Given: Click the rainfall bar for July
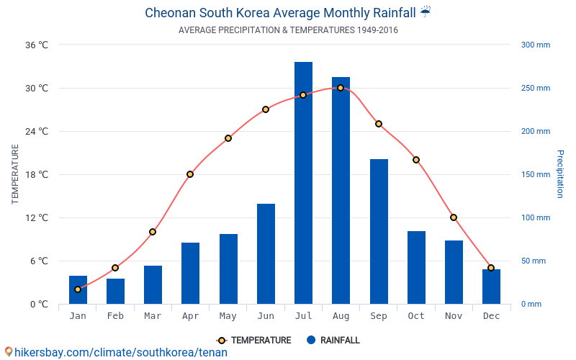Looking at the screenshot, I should tap(303, 183).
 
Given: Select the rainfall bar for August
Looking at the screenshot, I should tap(341, 190).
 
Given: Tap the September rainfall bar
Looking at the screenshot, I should tap(379, 231).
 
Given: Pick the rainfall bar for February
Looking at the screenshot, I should tap(115, 291).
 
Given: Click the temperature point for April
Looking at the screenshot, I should tap(190, 174).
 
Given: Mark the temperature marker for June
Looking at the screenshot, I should tap(266, 109).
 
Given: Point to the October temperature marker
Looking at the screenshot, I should tap(416, 160).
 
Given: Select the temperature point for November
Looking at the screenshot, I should tap(454, 217).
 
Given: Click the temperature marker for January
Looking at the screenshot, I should tap(78, 289).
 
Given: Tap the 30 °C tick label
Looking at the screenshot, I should tap(37, 89).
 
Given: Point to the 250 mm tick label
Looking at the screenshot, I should tap(535, 89).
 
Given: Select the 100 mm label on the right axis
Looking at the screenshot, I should tap(535, 217).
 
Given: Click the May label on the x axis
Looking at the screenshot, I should tap(228, 316).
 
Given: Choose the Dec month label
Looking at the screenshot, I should tap(491, 316).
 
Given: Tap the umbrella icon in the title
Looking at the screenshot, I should tap(426, 12).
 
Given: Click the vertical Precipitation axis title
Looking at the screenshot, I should tap(560, 174).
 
